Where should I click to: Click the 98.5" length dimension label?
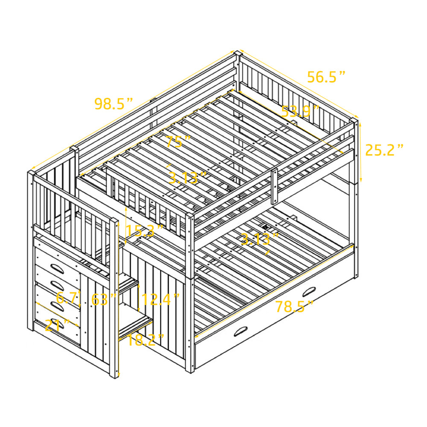coord(114,104)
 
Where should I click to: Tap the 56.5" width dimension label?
coord(326,77)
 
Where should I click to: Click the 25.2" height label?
coord(384,150)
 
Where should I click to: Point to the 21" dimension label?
coord(57,325)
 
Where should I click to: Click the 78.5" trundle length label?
coord(295,306)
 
